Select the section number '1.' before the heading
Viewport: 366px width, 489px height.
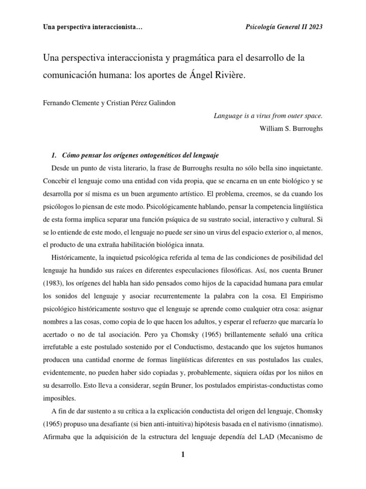[54, 155]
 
